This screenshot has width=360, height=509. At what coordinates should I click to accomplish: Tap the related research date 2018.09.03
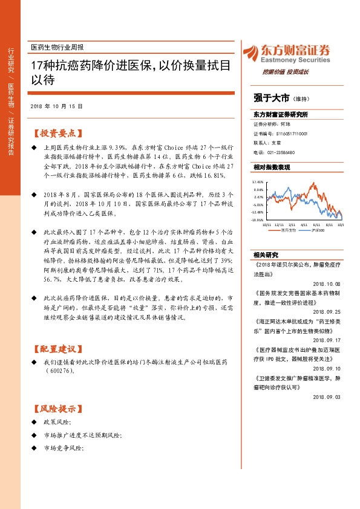coord(327,397)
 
